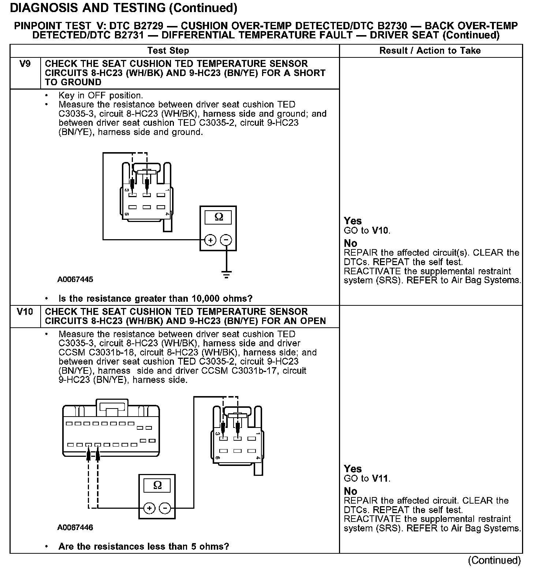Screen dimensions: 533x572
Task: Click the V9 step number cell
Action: (x=25, y=64)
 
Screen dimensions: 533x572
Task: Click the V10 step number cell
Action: (x=25, y=312)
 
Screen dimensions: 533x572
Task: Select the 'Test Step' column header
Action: (x=168, y=51)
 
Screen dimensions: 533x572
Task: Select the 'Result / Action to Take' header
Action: (x=430, y=51)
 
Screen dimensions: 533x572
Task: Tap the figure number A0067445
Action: (x=75, y=280)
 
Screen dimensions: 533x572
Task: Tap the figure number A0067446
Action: (x=75, y=528)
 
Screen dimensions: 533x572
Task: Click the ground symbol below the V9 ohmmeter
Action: (x=227, y=274)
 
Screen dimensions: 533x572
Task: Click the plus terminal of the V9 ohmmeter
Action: (x=210, y=240)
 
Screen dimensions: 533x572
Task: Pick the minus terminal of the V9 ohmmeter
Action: (x=227, y=240)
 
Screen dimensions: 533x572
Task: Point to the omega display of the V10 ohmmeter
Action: (x=157, y=485)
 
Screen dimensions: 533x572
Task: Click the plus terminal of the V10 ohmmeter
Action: (x=149, y=508)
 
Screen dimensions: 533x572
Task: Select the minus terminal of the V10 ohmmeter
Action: (x=165, y=508)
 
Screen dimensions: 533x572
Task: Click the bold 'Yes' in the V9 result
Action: (x=353, y=221)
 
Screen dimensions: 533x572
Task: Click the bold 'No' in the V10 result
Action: (x=350, y=491)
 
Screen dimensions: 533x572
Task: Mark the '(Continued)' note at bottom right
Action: (x=494, y=560)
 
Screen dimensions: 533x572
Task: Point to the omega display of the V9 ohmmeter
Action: (x=219, y=217)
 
